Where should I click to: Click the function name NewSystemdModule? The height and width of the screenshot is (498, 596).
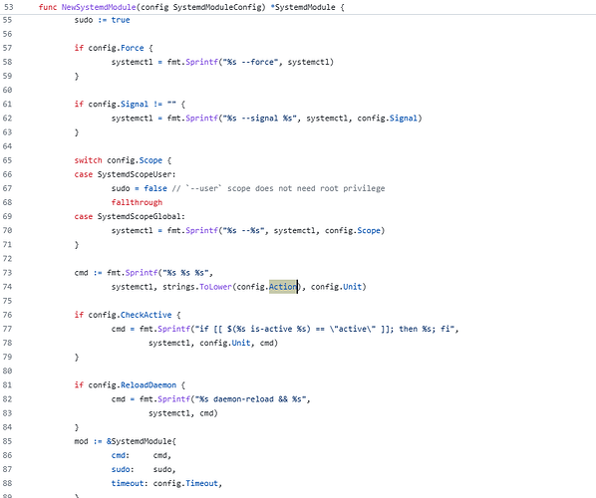tap(99, 7)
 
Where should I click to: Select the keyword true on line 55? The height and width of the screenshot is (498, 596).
tap(121, 20)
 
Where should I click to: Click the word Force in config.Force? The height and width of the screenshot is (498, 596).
tap(133, 48)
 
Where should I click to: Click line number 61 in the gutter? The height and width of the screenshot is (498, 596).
tap(7, 105)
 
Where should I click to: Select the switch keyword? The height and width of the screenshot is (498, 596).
tap(88, 160)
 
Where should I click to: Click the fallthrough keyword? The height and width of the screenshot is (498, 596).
tap(137, 202)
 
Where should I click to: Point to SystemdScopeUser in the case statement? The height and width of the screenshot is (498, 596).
tap(136, 174)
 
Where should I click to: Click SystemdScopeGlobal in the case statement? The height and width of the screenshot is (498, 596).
tap(140, 216)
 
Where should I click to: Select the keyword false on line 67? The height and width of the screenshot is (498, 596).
tap(155, 188)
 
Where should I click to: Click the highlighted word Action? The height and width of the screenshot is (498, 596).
tap(283, 287)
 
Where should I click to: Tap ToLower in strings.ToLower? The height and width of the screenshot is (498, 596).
tap(215, 287)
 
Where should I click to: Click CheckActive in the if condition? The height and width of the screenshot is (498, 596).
tap(146, 315)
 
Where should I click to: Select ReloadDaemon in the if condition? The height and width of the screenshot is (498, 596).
tap(149, 385)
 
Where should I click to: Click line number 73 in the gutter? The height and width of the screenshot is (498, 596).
tap(7, 273)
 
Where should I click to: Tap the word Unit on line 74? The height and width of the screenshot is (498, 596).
tap(353, 287)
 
